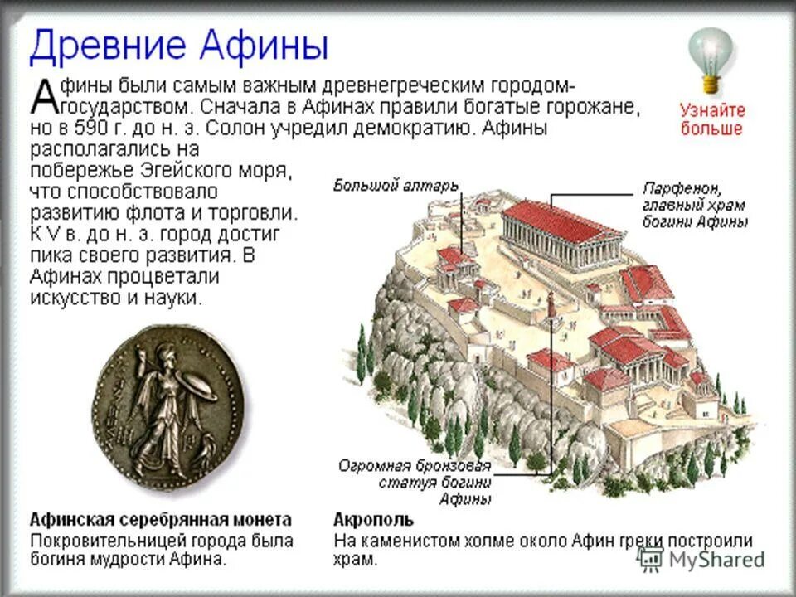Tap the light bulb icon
(x=711, y=56)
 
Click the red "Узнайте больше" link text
(x=712, y=119)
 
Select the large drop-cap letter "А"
(x=43, y=97)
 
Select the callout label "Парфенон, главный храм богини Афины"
(x=695, y=205)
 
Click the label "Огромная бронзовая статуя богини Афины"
(x=415, y=482)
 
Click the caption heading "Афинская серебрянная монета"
(x=160, y=520)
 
